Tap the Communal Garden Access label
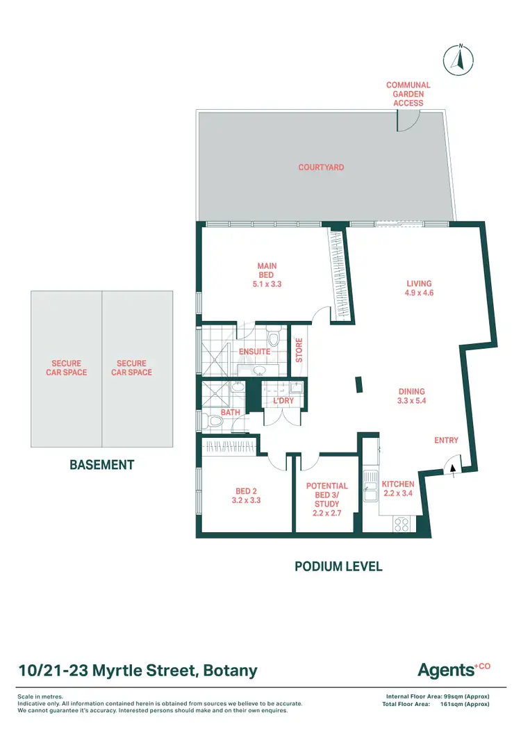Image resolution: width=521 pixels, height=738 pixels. point(408,94)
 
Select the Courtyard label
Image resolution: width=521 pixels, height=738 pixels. point(321,167)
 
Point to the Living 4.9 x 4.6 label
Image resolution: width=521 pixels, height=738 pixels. point(419,288)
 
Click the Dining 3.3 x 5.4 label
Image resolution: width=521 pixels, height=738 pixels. point(411,397)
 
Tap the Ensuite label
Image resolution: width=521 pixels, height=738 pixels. point(254,352)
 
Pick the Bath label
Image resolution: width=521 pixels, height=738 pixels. point(230,413)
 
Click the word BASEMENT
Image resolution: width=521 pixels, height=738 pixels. point(101,465)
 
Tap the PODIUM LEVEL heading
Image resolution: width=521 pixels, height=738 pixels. point(338,566)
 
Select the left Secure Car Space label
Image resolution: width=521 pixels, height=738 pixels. point(66,368)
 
